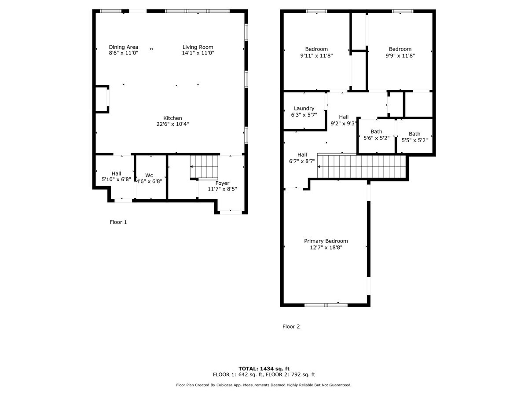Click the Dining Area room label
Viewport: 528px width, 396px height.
(x=124, y=47)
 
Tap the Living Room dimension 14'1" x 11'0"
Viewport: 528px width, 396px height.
(x=198, y=53)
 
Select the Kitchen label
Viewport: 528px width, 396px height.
(x=172, y=118)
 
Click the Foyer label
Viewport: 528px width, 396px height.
(x=222, y=183)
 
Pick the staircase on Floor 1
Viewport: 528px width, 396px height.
(x=204, y=167)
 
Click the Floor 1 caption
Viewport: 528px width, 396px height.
(x=118, y=222)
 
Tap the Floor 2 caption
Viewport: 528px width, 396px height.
(x=291, y=326)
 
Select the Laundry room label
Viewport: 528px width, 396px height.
(x=304, y=108)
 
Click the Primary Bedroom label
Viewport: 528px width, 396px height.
(x=326, y=241)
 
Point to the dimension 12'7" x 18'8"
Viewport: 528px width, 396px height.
(x=326, y=248)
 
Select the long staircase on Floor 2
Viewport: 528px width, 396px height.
(x=361, y=166)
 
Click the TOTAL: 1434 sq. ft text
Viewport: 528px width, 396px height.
(x=264, y=368)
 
